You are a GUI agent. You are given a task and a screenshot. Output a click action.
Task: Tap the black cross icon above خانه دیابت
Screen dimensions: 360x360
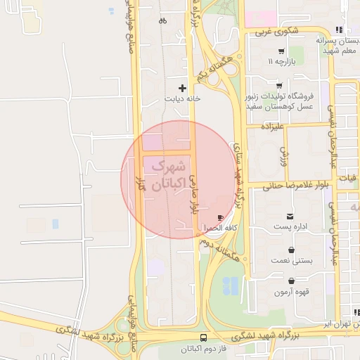(x=183, y=89)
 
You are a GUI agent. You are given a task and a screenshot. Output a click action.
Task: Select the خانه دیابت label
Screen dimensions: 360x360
(x=183, y=99)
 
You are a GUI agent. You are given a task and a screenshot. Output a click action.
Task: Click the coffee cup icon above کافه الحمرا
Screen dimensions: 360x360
(x=222, y=217)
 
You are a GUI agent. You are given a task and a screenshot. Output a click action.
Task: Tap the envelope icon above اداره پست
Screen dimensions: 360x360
(x=290, y=216)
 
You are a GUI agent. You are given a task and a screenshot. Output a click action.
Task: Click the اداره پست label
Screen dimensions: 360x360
(x=290, y=226)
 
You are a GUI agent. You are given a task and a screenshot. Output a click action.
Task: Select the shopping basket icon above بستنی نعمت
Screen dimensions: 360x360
(x=291, y=250)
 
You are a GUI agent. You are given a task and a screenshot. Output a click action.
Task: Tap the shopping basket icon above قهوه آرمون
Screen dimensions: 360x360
(x=292, y=281)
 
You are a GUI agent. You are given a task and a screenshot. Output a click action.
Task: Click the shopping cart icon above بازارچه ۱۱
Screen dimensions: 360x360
(x=281, y=51)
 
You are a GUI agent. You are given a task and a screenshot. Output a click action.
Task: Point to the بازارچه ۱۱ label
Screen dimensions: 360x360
(x=280, y=61)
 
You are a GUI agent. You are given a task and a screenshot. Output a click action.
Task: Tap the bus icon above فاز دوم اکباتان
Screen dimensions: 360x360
(x=204, y=338)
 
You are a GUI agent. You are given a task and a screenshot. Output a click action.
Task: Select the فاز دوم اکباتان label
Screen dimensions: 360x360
(x=204, y=349)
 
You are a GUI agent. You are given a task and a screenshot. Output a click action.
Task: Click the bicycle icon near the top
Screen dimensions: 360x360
(x=163, y=20)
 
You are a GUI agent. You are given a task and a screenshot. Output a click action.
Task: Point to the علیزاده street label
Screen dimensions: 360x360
(x=271, y=127)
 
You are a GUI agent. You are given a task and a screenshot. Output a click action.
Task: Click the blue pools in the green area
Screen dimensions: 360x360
(x=231, y=285)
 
